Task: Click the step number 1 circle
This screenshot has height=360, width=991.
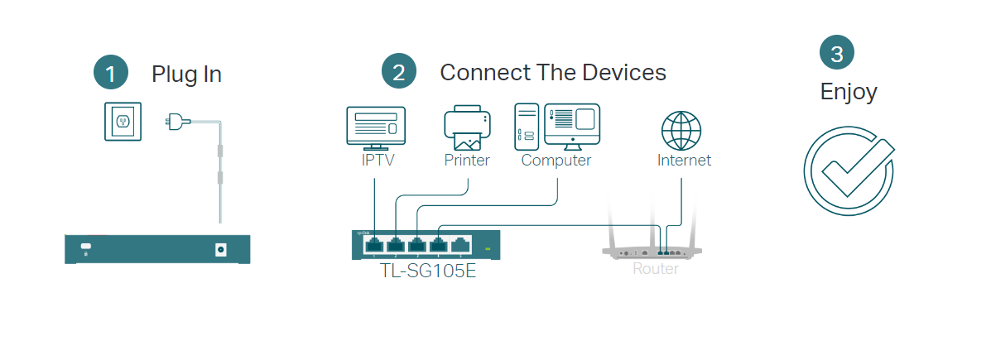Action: (111, 72)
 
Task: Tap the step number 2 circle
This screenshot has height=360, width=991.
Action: (398, 71)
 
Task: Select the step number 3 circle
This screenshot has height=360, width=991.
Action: (837, 54)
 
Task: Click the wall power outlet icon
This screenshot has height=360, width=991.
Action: (123, 121)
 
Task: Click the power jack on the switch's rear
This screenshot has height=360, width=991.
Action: (221, 248)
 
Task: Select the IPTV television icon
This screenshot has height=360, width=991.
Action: (375, 127)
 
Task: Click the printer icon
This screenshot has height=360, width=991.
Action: (467, 127)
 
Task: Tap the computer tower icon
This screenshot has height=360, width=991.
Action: (527, 127)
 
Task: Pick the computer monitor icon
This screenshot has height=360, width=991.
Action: (572, 123)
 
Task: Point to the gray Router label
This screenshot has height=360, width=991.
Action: (655, 269)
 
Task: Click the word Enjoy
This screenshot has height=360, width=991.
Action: (848, 91)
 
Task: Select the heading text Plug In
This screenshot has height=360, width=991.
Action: (186, 74)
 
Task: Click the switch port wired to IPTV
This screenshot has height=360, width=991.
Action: (374, 244)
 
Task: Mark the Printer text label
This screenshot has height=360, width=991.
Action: (467, 161)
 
